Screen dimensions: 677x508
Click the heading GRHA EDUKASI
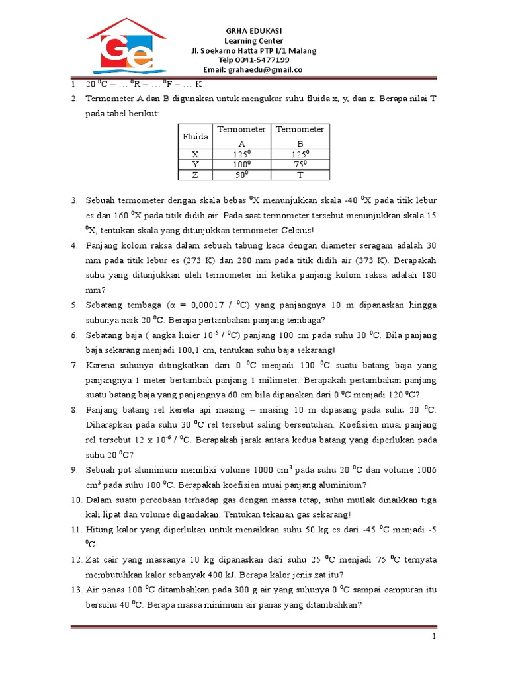click(x=254, y=31)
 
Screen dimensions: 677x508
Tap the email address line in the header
click(x=253, y=69)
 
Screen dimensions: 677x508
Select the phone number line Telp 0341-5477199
click(x=254, y=60)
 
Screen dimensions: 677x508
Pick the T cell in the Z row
click(x=300, y=175)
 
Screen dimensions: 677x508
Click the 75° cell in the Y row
click(x=300, y=165)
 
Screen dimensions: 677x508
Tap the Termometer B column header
click(x=300, y=136)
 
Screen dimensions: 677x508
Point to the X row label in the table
click(x=195, y=154)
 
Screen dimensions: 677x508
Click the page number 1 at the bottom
click(x=434, y=636)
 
